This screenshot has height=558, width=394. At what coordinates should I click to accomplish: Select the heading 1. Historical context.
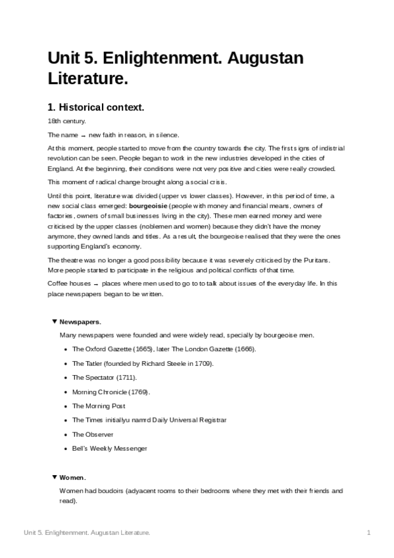click(95, 107)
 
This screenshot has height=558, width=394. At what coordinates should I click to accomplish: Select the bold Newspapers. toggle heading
click(80, 322)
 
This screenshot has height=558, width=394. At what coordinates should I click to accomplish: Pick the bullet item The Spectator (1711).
click(105, 378)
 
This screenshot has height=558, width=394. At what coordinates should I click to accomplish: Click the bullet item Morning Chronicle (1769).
click(111, 392)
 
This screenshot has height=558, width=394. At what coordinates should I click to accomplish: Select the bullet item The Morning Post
click(99, 406)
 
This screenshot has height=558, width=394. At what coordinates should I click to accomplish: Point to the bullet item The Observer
click(93, 434)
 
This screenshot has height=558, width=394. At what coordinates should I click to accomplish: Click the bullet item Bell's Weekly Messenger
click(109, 448)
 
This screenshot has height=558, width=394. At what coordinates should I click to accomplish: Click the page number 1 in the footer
click(370, 532)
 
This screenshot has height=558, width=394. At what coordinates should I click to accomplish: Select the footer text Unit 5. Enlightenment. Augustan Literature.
click(87, 532)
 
